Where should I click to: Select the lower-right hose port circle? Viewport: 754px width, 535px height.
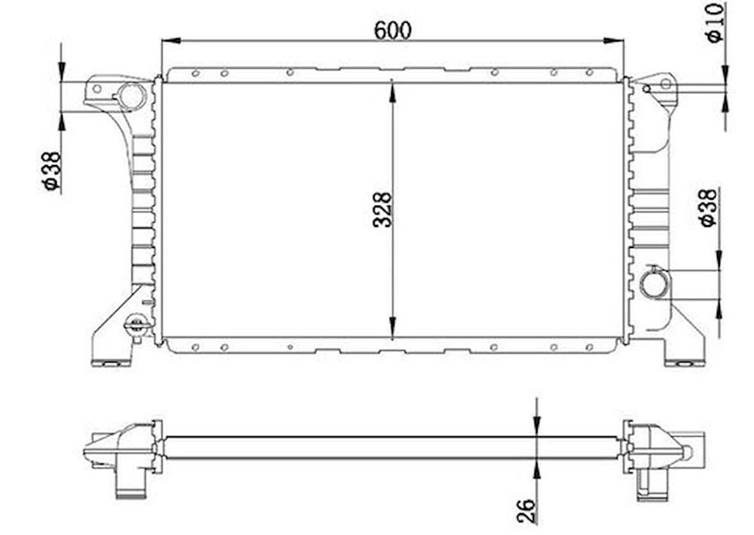point(654,284)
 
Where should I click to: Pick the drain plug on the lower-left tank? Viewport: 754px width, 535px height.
point(135,325)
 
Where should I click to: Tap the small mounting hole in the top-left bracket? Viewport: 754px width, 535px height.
point(97,88)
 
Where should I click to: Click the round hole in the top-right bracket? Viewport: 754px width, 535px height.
point(665,84)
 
